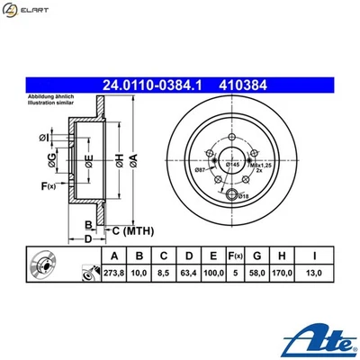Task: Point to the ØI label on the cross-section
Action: click(44, 137)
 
